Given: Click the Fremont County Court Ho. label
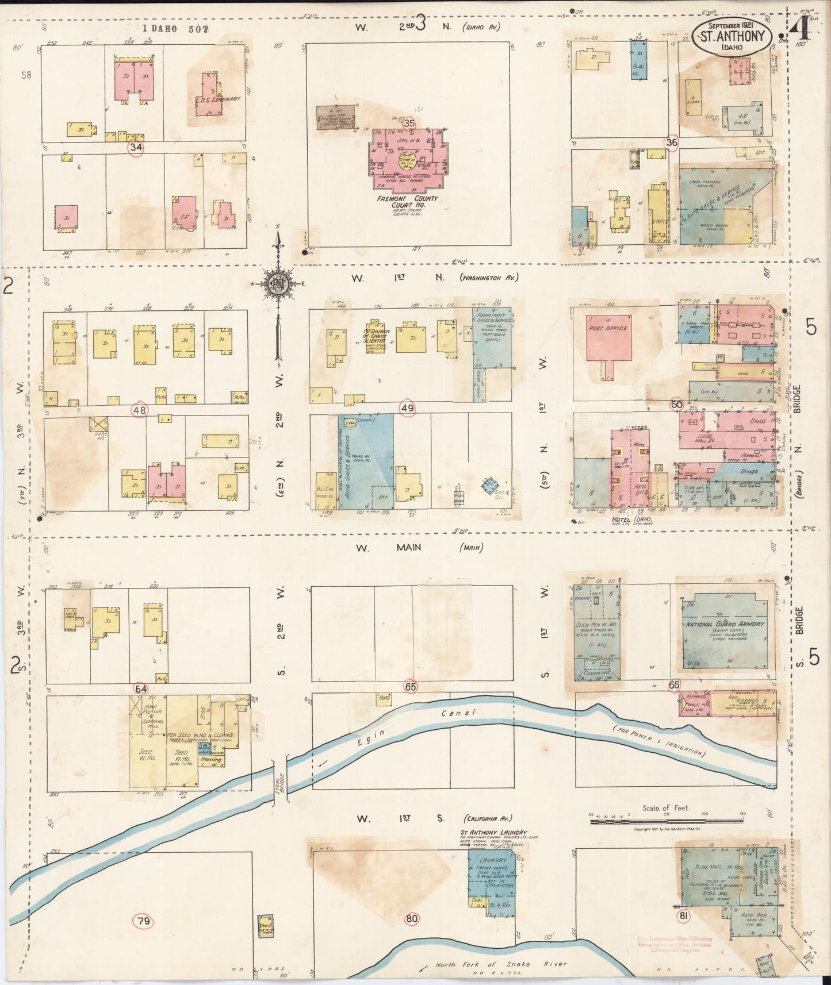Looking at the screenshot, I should [x=407, y=202].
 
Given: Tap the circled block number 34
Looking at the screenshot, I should [x=136, y=147].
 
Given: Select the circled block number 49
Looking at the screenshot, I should [x=408, y=408].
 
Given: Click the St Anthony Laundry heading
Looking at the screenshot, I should [x=493, y=832].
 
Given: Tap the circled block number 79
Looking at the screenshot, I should [x=143, y=922].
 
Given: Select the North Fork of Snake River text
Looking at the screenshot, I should [x=500, y=964].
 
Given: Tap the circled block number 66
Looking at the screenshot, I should [x=674, y=684].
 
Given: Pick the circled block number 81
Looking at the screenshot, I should [x=683, y=916].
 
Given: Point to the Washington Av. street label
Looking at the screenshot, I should [x=489, y=278].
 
